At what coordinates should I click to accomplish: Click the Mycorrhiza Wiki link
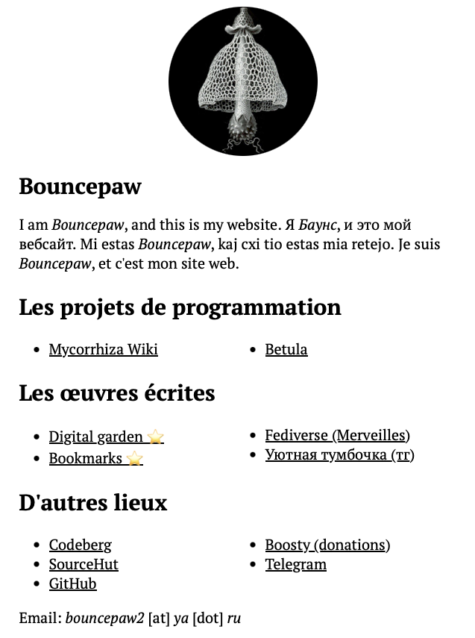[103, 349]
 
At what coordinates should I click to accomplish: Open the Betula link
[286, 349]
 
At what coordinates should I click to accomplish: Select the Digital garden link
[95, 437]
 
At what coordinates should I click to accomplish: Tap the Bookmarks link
[85, 458]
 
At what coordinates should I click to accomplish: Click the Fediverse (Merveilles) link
[337, 435]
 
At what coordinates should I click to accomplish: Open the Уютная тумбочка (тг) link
[339, 454]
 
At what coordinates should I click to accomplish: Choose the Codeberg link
[80, 545]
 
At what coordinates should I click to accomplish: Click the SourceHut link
[84, 564]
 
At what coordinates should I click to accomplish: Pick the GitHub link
[72, 584]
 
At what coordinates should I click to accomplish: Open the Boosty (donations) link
[327, 545]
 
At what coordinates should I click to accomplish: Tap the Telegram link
[295, 564]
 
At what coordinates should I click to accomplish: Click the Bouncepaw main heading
[80, 187]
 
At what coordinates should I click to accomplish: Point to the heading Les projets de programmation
[180, 307]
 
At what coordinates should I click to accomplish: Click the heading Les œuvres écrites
[117, 393]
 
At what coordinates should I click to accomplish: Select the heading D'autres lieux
[92, 502]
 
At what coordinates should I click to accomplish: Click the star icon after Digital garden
[155, 437]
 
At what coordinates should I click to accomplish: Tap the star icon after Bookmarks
[134, 458]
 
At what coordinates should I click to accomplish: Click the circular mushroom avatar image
[243, 81]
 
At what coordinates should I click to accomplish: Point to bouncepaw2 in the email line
[104, 619]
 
